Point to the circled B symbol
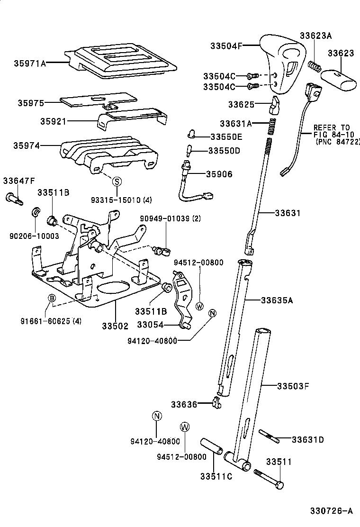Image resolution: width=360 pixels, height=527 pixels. (x=53, y=298)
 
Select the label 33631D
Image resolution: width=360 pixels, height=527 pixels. (x=307, y=440)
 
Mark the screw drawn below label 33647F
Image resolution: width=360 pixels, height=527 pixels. (x=15, y=198)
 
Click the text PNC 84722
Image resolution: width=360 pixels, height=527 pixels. (x=337, y=142)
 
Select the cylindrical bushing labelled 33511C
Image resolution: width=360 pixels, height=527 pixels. (x=210, y=446)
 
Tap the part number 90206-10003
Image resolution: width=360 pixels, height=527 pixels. (x=34, y=236)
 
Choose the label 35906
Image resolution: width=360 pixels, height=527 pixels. (x=219, y=174)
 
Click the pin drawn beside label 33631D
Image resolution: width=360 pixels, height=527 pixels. (x=269, y=436)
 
